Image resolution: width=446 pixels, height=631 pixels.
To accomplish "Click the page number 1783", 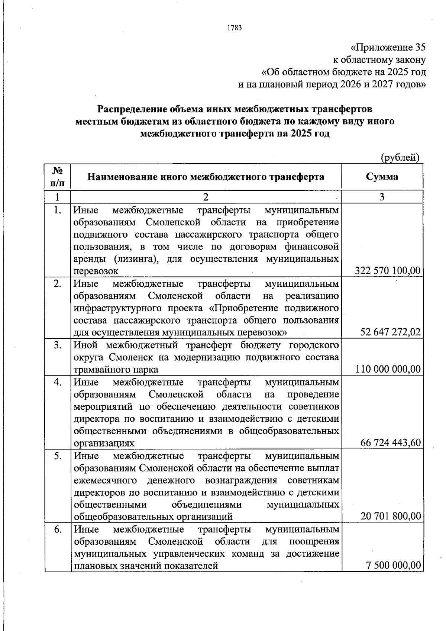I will coord(235,28).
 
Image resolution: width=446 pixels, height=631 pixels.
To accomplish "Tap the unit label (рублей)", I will coord(400,158).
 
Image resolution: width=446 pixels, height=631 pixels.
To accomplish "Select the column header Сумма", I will coord(382,176).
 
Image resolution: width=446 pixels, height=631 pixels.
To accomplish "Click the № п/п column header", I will coord(57,177).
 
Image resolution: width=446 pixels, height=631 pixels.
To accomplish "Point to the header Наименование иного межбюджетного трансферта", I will coord(206,176).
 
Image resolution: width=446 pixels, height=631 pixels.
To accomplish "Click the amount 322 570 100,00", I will coord(388,270).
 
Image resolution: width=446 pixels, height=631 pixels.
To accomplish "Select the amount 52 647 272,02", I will coord(390,332).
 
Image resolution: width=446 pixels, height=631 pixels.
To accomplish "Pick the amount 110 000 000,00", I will coord(388,369).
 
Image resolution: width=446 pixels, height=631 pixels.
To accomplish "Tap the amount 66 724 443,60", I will coord(390,442).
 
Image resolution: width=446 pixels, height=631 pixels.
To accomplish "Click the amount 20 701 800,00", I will coord(390,516).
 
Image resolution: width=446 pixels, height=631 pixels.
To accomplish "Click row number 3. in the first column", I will coord(57,345).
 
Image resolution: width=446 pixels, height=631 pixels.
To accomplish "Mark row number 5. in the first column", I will coord(57,455).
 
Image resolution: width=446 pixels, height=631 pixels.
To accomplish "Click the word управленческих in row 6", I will coord(187,554).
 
